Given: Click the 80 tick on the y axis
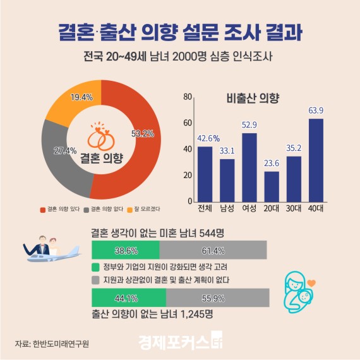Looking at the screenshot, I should point(188,97).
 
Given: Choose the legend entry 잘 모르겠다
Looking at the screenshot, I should point(145,209).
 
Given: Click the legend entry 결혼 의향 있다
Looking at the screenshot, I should point(59,209).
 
